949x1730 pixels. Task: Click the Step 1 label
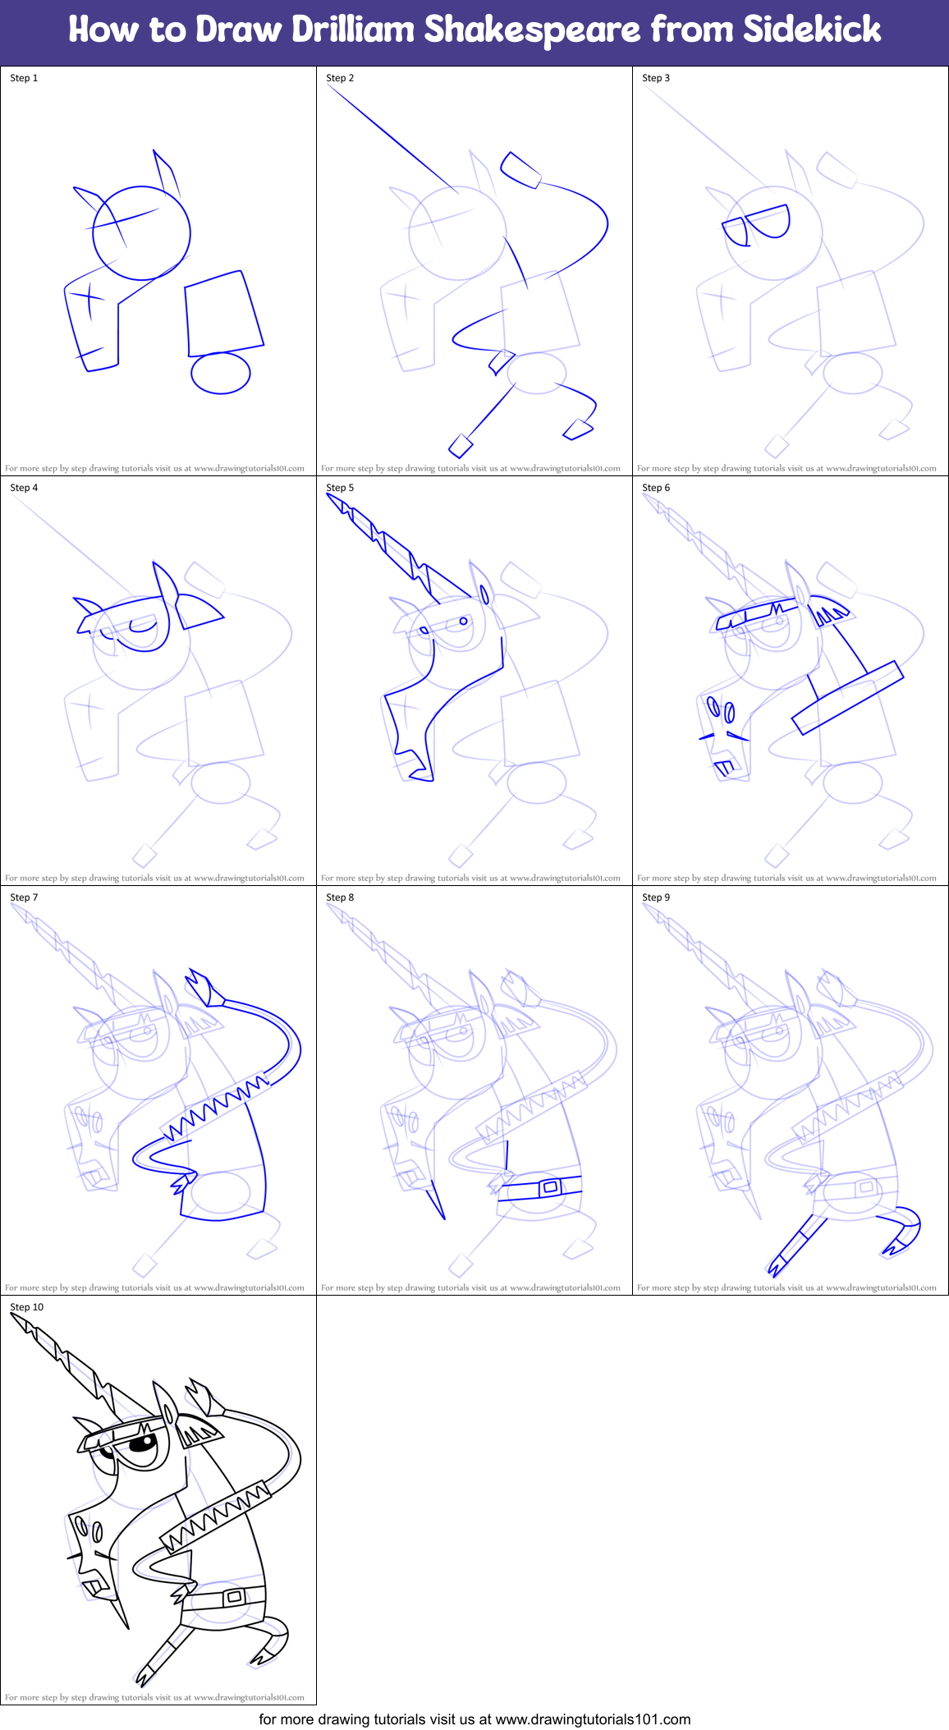pos(24,78)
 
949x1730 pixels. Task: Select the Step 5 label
pos(340,488)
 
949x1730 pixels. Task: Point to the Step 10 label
pos(26,1307)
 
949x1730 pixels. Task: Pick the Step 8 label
pos(340,897)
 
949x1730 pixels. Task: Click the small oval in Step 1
pos(220,373)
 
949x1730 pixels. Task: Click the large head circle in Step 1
pos(141,233)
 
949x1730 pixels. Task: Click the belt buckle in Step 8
pos(549,1186)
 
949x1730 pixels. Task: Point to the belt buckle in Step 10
pos(234,1597)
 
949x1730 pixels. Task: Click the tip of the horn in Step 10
pos(14,1316)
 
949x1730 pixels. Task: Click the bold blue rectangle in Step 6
pos(847,698)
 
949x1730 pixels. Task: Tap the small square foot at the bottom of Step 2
pos(461,446)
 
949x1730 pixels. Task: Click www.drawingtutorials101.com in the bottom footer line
pos(593,1719)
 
